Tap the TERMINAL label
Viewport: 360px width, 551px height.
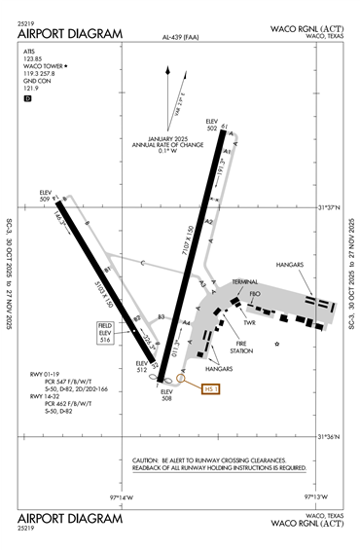click(244, 282)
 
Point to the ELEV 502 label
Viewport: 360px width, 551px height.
click(211, 124)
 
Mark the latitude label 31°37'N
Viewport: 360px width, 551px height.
click(331, 206)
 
